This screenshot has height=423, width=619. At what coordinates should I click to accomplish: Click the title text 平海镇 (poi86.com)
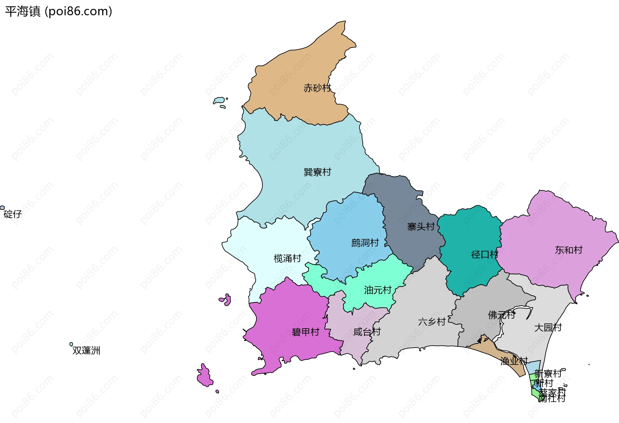coord(58,12)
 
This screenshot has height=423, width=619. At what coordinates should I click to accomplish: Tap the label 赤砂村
coord(317,88)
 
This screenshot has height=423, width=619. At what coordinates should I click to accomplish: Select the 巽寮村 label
coord(317,172)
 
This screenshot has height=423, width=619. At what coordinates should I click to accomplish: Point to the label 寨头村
coord(421,227)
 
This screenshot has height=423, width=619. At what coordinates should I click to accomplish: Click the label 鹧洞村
coord(365,243)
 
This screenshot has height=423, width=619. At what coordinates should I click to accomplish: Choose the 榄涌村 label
coord(287,258)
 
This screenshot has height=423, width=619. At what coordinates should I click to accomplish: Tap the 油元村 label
coord(378,290)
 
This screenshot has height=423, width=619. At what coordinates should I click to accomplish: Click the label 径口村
coord(485,255)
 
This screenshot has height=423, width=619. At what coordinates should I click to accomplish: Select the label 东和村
coord(569,250)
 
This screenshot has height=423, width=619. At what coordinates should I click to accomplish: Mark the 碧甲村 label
coord(305,332)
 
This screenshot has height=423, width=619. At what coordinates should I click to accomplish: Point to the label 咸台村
coord(367,332)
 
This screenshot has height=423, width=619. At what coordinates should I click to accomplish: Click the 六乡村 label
coord(432,322)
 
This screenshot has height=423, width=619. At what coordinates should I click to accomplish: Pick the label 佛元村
coord(502,315)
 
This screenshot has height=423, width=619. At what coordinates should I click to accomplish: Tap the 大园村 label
coord(548,328)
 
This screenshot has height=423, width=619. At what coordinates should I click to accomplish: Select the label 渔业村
coord(514,361)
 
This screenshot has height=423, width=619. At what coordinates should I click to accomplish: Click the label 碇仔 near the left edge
coord(13,214)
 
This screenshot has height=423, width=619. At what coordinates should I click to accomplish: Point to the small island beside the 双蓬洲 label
coord(71,344)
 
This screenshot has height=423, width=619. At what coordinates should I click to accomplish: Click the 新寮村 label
coord(548,374)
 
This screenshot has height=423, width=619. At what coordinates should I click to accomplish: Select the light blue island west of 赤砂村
coord(219,100)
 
